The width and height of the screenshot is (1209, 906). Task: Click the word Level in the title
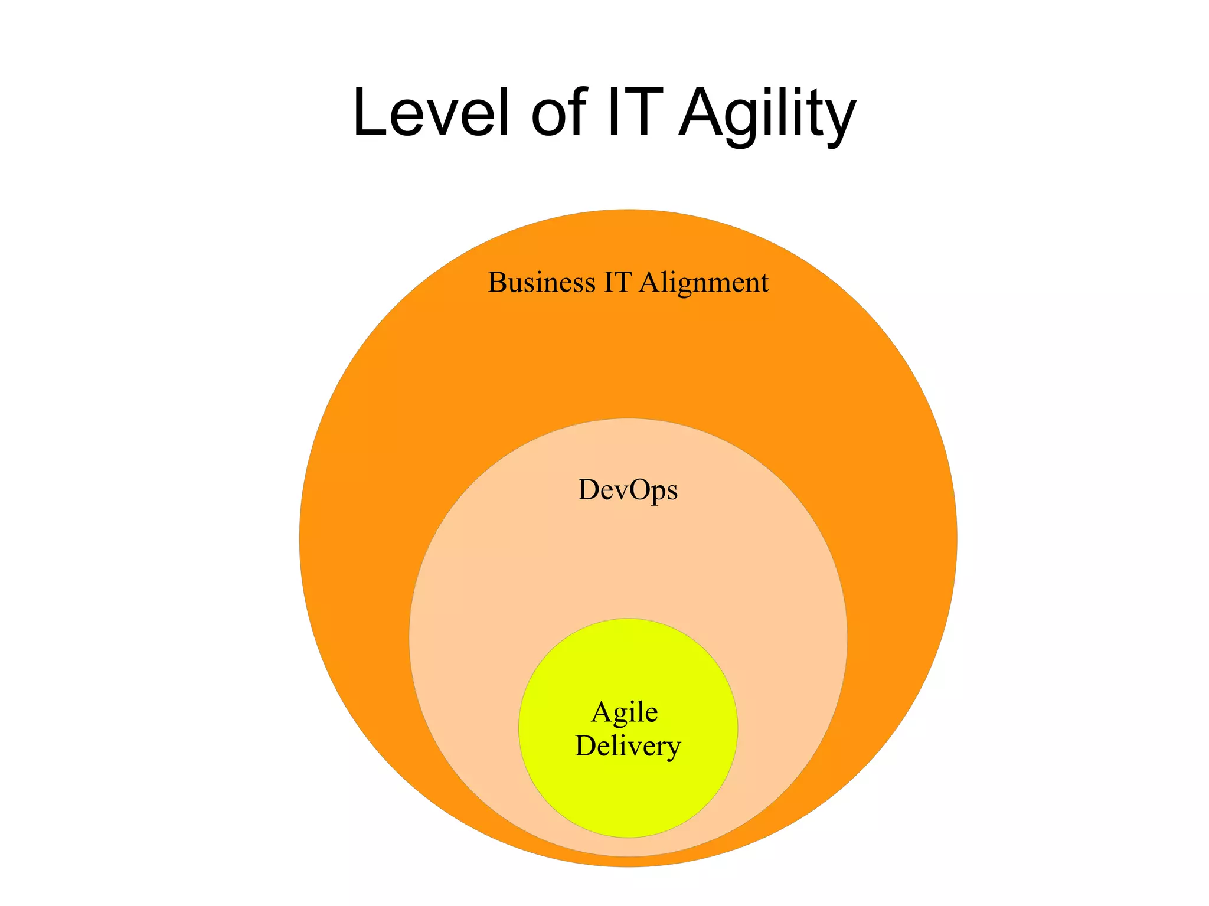430,112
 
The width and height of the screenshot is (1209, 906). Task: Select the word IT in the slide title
631,112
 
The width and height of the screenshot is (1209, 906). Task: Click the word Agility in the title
767,115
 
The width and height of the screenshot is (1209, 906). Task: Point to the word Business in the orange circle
541,282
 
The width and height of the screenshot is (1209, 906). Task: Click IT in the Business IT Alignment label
617,282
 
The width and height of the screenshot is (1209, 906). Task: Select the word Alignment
704,283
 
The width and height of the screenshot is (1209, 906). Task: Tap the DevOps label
628,490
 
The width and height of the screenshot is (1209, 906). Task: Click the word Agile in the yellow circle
625,713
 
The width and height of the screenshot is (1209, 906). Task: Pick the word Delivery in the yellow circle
628,747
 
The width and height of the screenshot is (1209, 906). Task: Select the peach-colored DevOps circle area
628,561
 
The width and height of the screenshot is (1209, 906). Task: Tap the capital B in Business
496,282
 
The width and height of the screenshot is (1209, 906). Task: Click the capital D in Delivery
586,746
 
